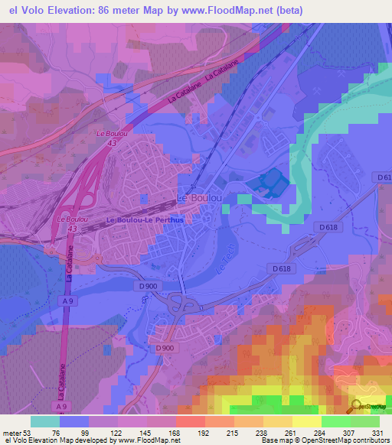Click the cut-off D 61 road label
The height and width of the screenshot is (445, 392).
[384, 177]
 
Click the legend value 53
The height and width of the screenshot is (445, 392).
[29, 432]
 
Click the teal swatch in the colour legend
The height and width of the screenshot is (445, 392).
[45, 421]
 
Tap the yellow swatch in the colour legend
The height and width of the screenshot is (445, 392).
[306, 421]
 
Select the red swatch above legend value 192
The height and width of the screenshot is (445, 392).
[191, 421]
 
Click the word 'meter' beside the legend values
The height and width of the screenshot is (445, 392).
[11, 432]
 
